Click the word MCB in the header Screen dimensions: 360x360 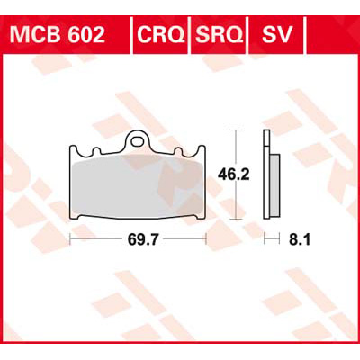(34, 35)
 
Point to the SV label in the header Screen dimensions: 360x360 (275, 35)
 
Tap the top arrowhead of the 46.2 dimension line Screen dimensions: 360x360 (235, 132)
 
